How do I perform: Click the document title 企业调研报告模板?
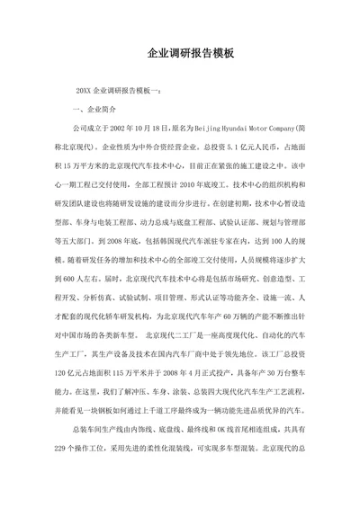[180, 53]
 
